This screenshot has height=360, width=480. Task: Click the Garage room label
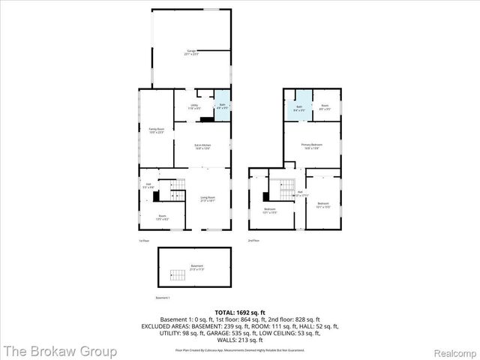[191, 52]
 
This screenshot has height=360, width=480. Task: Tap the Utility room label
[194, 106]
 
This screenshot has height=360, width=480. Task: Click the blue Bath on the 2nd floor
[298, 108]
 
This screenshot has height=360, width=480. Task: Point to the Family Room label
[156, 130]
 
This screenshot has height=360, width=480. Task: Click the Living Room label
[207, 199]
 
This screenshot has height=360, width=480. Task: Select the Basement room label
[196, 267]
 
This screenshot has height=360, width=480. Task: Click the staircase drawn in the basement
[178, 275]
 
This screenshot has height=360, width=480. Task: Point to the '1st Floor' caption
[144, 241]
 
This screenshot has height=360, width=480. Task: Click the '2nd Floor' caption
[253, 241]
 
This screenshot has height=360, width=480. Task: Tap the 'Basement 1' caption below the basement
[163, 298]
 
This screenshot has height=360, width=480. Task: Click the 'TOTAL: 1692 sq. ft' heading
[240, 312]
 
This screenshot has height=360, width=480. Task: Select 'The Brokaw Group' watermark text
[59, 350]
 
